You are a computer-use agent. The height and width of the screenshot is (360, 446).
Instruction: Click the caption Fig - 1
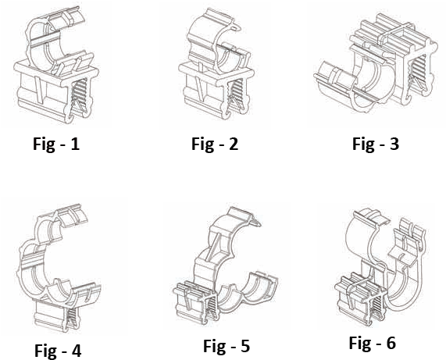coord(56,144)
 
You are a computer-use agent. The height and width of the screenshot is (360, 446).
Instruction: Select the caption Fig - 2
coord(215,144)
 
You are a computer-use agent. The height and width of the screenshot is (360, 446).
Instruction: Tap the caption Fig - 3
coord(376,144)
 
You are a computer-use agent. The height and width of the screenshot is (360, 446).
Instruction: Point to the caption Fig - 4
coord(58,351)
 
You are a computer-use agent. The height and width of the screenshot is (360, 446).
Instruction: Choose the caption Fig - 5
coord(227,346)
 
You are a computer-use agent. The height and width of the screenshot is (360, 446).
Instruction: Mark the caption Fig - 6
coord(373,343)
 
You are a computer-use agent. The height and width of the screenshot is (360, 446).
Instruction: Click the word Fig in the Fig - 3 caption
coord(362,144)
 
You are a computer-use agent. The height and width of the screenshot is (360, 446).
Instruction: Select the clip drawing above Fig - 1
coord(56,65)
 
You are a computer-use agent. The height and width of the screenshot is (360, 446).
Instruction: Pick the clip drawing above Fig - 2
coord(216,64)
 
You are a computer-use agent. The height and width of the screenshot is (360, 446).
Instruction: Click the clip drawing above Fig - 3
coord(376,64)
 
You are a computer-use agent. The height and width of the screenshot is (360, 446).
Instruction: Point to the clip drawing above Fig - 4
coord(59,267)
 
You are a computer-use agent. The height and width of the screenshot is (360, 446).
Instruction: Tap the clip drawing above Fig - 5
coord(226,266)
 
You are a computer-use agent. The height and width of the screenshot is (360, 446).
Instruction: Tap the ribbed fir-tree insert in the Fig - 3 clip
coord(417,71)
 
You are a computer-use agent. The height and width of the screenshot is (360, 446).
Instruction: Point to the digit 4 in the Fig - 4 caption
coord(76,350)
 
